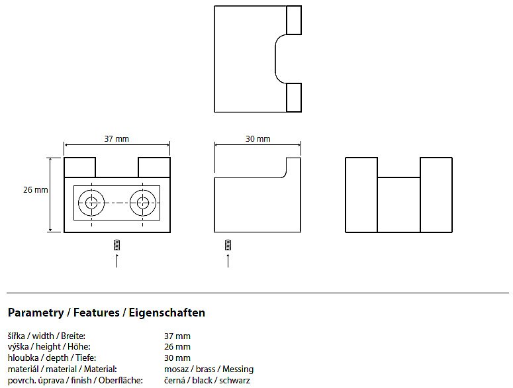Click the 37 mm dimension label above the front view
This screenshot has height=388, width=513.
pos(117,138)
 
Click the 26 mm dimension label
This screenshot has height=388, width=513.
pos(35,190)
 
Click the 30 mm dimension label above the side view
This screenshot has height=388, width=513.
pos(257,138)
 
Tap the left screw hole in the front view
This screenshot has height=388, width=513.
pos(91,203)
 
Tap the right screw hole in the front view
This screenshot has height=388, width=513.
pos(142,203)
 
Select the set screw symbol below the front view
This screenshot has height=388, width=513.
pos(117,245)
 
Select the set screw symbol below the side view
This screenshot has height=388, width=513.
pos(228,245)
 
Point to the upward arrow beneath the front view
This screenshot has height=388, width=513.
pos(117,261)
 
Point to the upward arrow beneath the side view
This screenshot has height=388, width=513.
pos(228,261)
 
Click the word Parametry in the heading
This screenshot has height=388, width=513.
pos(36,313)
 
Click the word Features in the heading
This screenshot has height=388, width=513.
pos(97,313)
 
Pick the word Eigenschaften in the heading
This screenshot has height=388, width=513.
pos(167,313)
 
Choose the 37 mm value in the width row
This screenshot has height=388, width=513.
pos(177,336)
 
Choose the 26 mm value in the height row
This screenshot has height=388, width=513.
pos(177,347)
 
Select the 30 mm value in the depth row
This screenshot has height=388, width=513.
pos(177,358)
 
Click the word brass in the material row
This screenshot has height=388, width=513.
pos(205,369)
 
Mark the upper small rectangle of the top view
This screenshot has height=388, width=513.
pos(294,20)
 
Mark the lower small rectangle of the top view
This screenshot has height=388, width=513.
pos(294,97)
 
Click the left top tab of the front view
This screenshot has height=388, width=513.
pos(80,168)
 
